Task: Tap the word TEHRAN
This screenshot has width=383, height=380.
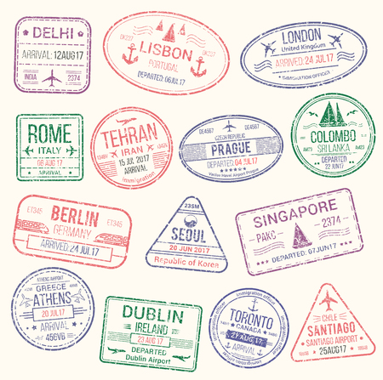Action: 128,133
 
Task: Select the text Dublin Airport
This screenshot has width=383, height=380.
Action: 151,360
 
